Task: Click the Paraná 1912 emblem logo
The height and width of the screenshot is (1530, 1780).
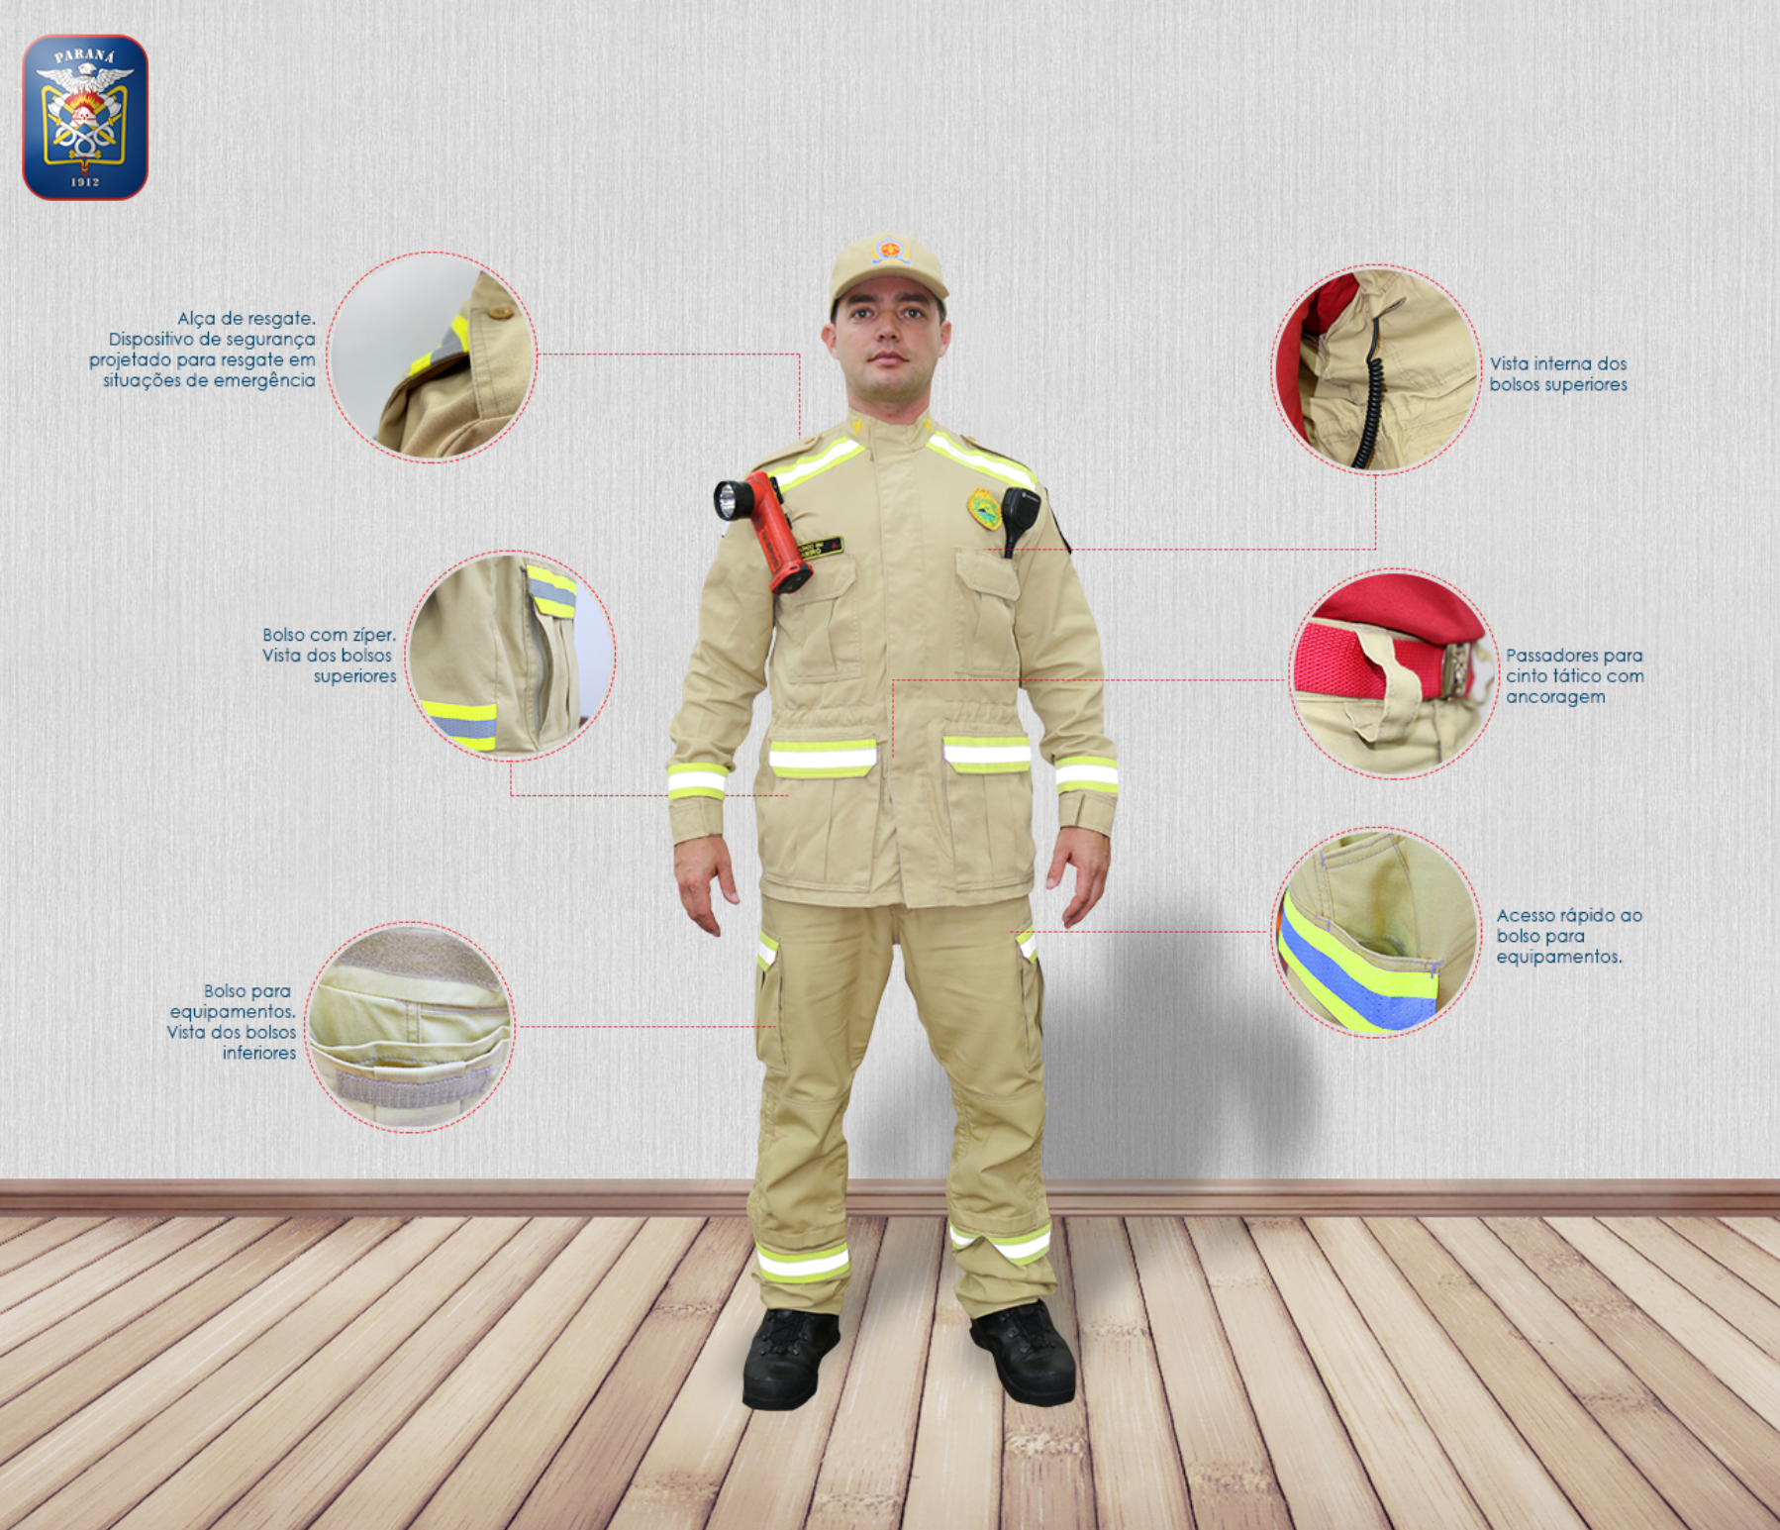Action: pyautogui.click(x=85, y=117)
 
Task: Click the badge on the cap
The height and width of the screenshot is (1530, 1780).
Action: pyautogui.click(x=891, y=249)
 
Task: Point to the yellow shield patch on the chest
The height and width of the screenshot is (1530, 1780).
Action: pyautogui.click(x=984, y=509)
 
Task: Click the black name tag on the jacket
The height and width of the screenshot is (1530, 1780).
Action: pyautogui.click(x=821, y=548)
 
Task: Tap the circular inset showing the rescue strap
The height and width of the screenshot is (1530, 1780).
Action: pyautogui.click(x=432, y=357)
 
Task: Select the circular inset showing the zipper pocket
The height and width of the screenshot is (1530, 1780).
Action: pyautogui.click(x=510, y=656)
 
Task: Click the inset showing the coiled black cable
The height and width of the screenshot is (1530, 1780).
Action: pyautogui.click(x=1375, y=369)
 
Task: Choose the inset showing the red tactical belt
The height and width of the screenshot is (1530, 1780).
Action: pyautogui.click(x=1394, y=673)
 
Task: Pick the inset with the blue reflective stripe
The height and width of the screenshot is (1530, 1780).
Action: pyautogui.click(x=1376, y=932)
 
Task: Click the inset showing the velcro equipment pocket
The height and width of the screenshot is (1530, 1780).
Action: pyautogui.click(x=410, y=1027)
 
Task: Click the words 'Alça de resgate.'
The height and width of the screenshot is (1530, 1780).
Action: pyautogui.click(x=247, y=318)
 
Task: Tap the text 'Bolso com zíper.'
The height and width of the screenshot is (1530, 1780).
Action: pyautogui.click(x=329, y=635)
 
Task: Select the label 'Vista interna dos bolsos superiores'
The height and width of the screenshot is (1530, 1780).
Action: pyautogui.click(x=1558, y=374)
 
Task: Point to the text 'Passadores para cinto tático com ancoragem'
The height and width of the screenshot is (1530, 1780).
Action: pyautogui.click(x=1575, y=675)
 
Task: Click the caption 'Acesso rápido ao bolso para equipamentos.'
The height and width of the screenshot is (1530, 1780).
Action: pyautogui.click(x=1569, y=936)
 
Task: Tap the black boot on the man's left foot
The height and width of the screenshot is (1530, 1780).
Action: pyautogui.click(x=1025, y=1351)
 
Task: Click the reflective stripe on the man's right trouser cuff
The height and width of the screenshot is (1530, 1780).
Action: pyautogui.click(x=803, y=1263)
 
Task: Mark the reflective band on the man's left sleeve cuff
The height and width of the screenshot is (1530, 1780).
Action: pyautogui.click(x=1086, y=774)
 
